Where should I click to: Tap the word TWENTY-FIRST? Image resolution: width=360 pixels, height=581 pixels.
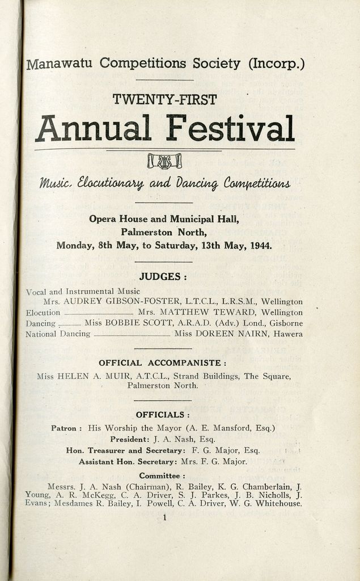click(164, 100)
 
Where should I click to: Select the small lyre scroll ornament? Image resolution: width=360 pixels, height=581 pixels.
click(164, 161)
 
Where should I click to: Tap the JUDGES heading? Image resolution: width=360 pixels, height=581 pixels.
click(163, 277)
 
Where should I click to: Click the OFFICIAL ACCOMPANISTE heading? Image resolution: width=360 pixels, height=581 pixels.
click(163, 363)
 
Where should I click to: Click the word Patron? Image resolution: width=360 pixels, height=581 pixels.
click(65, 428)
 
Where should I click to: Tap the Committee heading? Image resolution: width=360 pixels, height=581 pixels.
click(162, 475)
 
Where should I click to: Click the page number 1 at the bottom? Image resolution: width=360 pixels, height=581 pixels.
click(164, 517)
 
